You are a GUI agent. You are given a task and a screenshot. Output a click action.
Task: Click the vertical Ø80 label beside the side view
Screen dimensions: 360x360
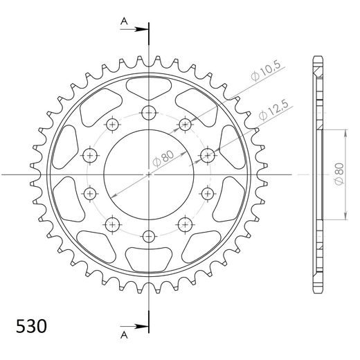338,173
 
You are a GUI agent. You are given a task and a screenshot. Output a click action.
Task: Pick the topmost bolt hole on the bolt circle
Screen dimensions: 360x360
149,113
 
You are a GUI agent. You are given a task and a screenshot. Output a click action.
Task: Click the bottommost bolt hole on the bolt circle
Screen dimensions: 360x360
149,236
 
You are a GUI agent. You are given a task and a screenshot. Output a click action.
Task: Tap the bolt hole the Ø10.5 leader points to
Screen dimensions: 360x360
185,125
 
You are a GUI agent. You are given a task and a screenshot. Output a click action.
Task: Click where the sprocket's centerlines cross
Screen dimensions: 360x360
149,174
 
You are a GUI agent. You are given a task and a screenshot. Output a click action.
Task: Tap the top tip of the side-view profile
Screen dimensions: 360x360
318,57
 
